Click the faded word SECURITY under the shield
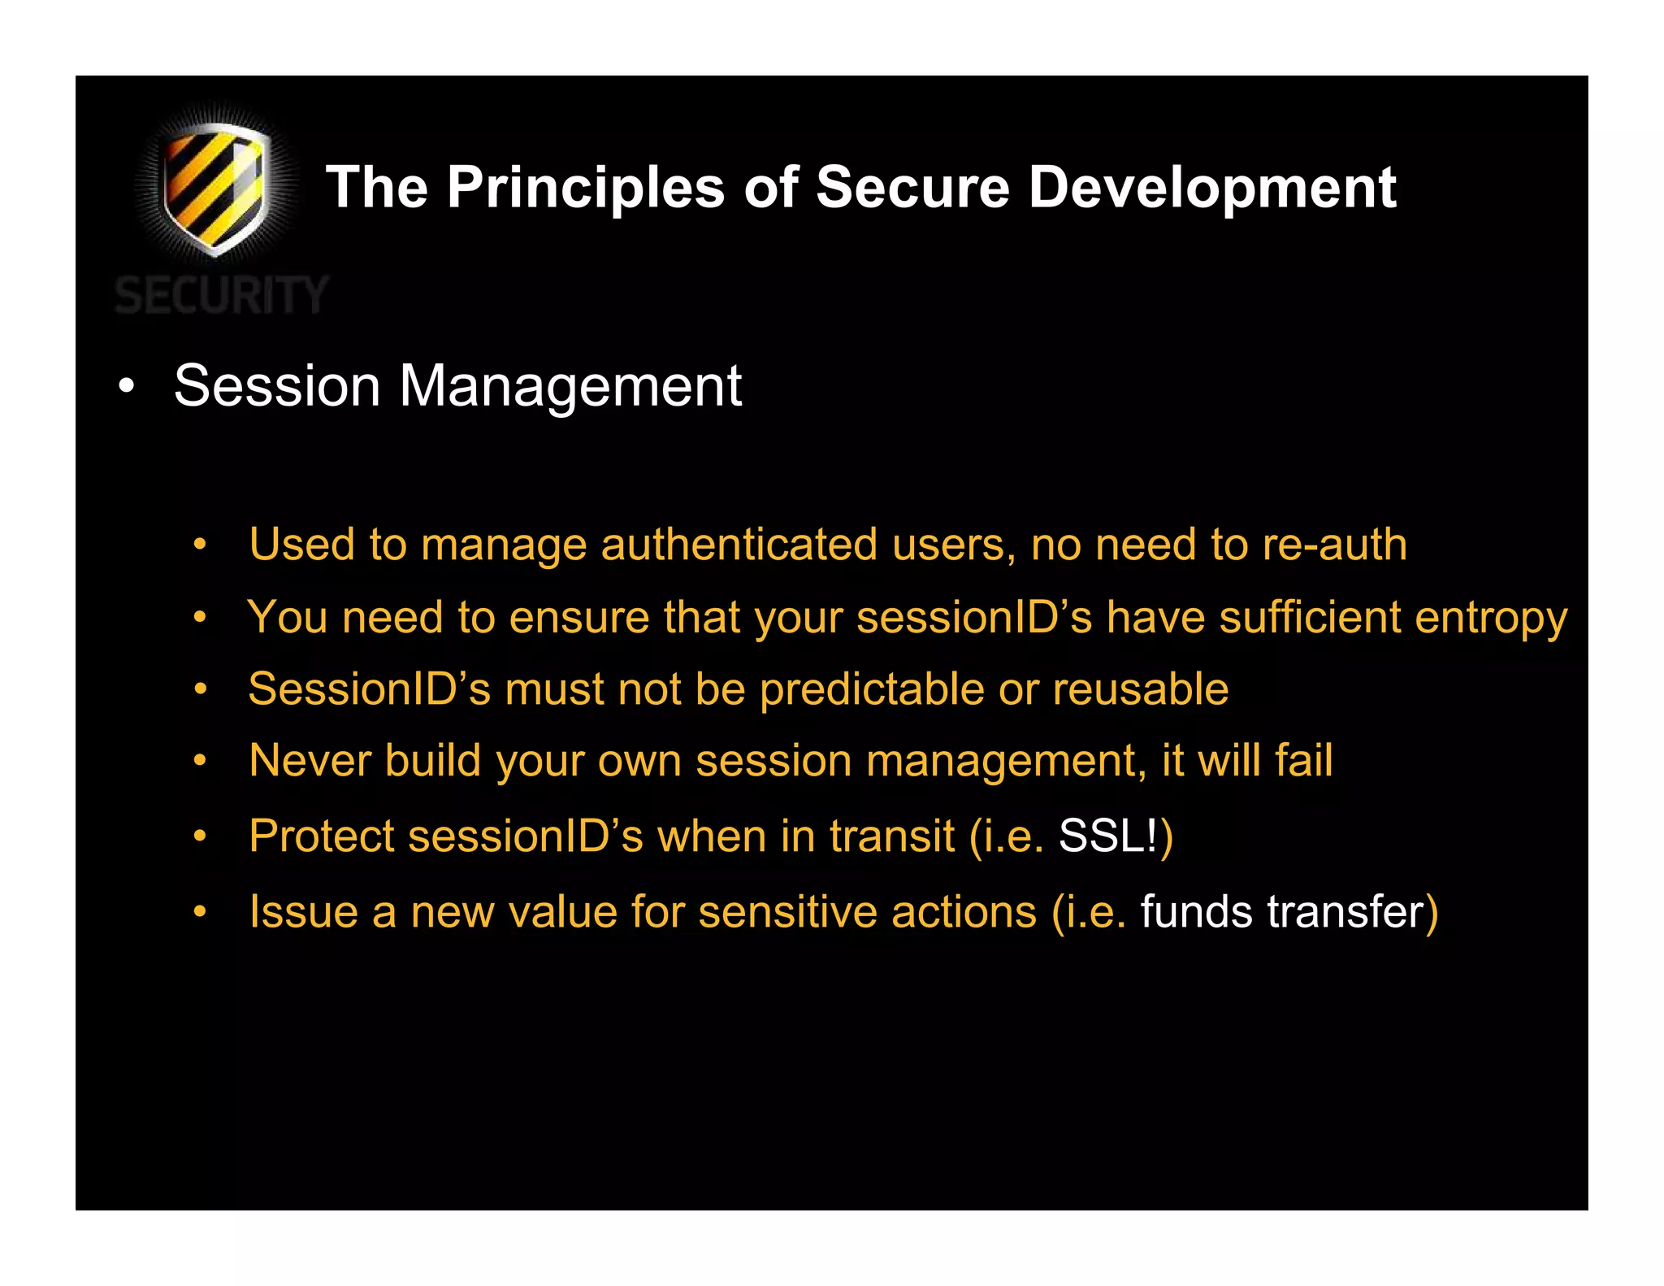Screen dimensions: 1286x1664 pyautogui.click(x=221, y=295)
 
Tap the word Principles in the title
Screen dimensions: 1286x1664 pyautogui.click(x=585, y=189)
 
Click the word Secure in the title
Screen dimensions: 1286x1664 pyautogui.click(x=912, y=189)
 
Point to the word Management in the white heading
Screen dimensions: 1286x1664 pyautogui.click(x=570, y=386)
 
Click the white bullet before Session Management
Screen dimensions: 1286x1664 pyautogui.click(x=125, y=386)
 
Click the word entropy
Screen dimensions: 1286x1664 pyautogui.click(x=1491, y=618)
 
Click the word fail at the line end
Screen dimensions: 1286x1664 pyautogui.click(x=1303, y=761)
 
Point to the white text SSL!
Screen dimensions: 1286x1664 pyautogui.click(x=1107, y=836)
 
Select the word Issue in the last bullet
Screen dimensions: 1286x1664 pyautogui.click(x=303, y=911)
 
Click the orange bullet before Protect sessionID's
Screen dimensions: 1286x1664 pyautogui.click(x=200, y=836)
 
